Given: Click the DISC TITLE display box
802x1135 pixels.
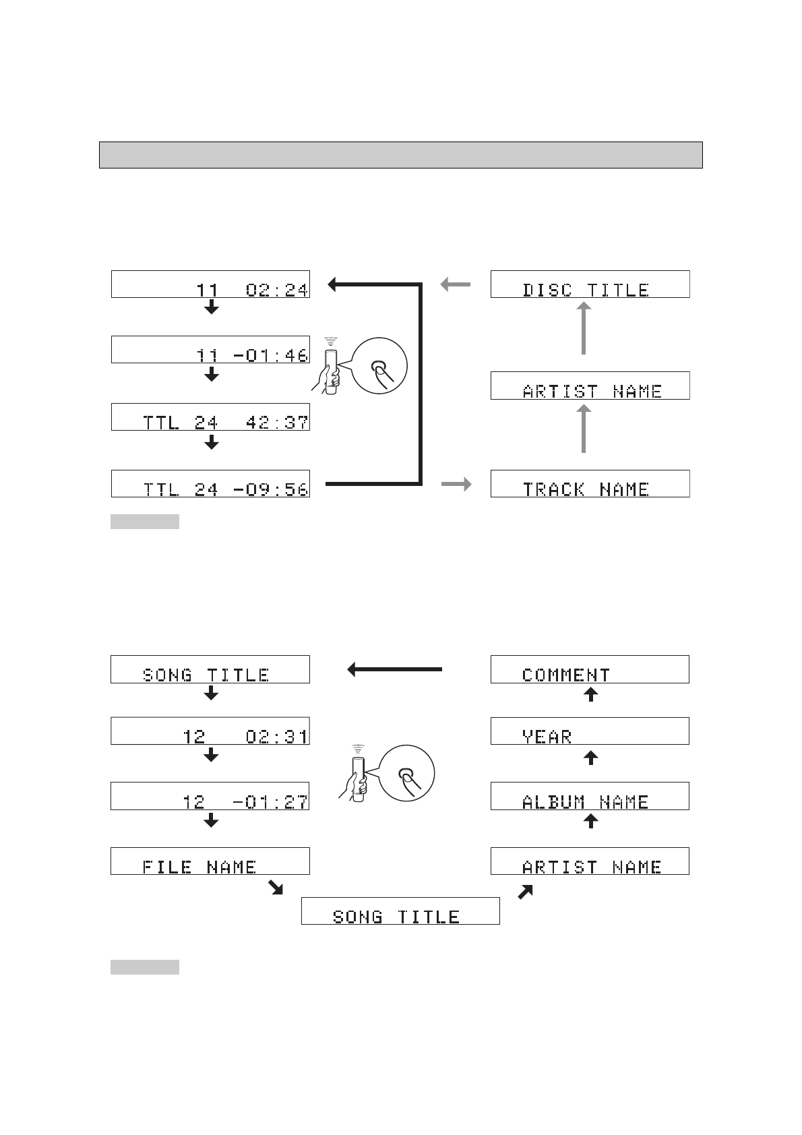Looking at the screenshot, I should tap(590, 284).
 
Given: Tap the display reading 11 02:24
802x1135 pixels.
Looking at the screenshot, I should tap(210, 284).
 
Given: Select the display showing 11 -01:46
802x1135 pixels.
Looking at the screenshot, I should tap(210, 350).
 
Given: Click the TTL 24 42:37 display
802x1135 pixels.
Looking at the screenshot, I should tap(210, 417).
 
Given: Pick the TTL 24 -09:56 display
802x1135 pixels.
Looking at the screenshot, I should tap(210, 484).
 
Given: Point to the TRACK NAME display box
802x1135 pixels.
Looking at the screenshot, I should tap(590, 484).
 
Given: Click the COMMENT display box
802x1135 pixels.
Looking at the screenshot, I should tap(590, 669).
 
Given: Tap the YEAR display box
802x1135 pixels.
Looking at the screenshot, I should tap(590, 731).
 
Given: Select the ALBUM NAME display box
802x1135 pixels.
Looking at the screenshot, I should tap(590, 796).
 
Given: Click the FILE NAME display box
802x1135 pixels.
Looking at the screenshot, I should tap(210, 861).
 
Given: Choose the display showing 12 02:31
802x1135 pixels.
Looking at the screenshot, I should tap(210, 731).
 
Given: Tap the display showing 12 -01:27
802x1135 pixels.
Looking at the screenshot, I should tap(210, 796).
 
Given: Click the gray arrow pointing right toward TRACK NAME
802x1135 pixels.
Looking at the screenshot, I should tap(456, 484).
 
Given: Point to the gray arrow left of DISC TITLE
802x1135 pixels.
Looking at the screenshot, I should tap(456, 284).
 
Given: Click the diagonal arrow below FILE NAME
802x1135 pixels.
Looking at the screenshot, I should tap(275, 888).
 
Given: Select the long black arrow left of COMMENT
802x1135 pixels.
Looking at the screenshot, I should tap(395, 669).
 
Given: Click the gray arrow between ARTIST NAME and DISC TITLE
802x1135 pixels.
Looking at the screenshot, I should tap(584, 328).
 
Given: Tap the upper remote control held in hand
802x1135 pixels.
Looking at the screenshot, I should tap(330, 367).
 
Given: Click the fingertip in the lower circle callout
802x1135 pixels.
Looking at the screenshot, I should tap(406, 775).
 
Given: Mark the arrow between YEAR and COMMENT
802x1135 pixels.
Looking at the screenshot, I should tap(590, 695).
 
